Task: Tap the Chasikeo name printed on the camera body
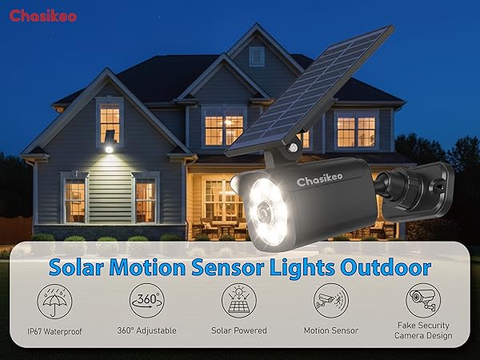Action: tap(321, 182)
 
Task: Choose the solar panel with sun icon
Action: tap(238, 301)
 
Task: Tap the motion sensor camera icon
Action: tap(330, 301)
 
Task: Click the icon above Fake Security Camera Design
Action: tap(422, 301)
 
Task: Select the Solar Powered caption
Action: tap(238, 330)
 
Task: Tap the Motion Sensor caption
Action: tap(330, 330)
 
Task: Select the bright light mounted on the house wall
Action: tap(109, 146)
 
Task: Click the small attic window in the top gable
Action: tap(256, 56)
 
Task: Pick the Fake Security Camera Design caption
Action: tap(422, 330)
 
